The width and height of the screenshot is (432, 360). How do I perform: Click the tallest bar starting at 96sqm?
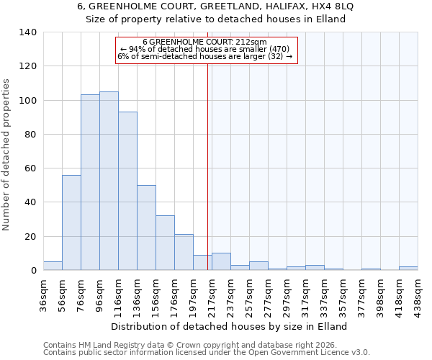[109, 181]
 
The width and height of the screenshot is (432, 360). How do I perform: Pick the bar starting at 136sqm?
[146, 228]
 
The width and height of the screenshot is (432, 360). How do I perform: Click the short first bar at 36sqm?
[53, 266]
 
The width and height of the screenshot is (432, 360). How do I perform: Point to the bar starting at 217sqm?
[221, 262]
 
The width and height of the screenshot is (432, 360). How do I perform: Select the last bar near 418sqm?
[408, 268]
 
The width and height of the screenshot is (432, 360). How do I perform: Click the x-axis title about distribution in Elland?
[230, 326]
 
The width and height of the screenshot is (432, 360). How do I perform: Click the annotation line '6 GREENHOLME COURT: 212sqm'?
[204, 42]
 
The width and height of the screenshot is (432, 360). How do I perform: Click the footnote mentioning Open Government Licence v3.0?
[206, 353]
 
